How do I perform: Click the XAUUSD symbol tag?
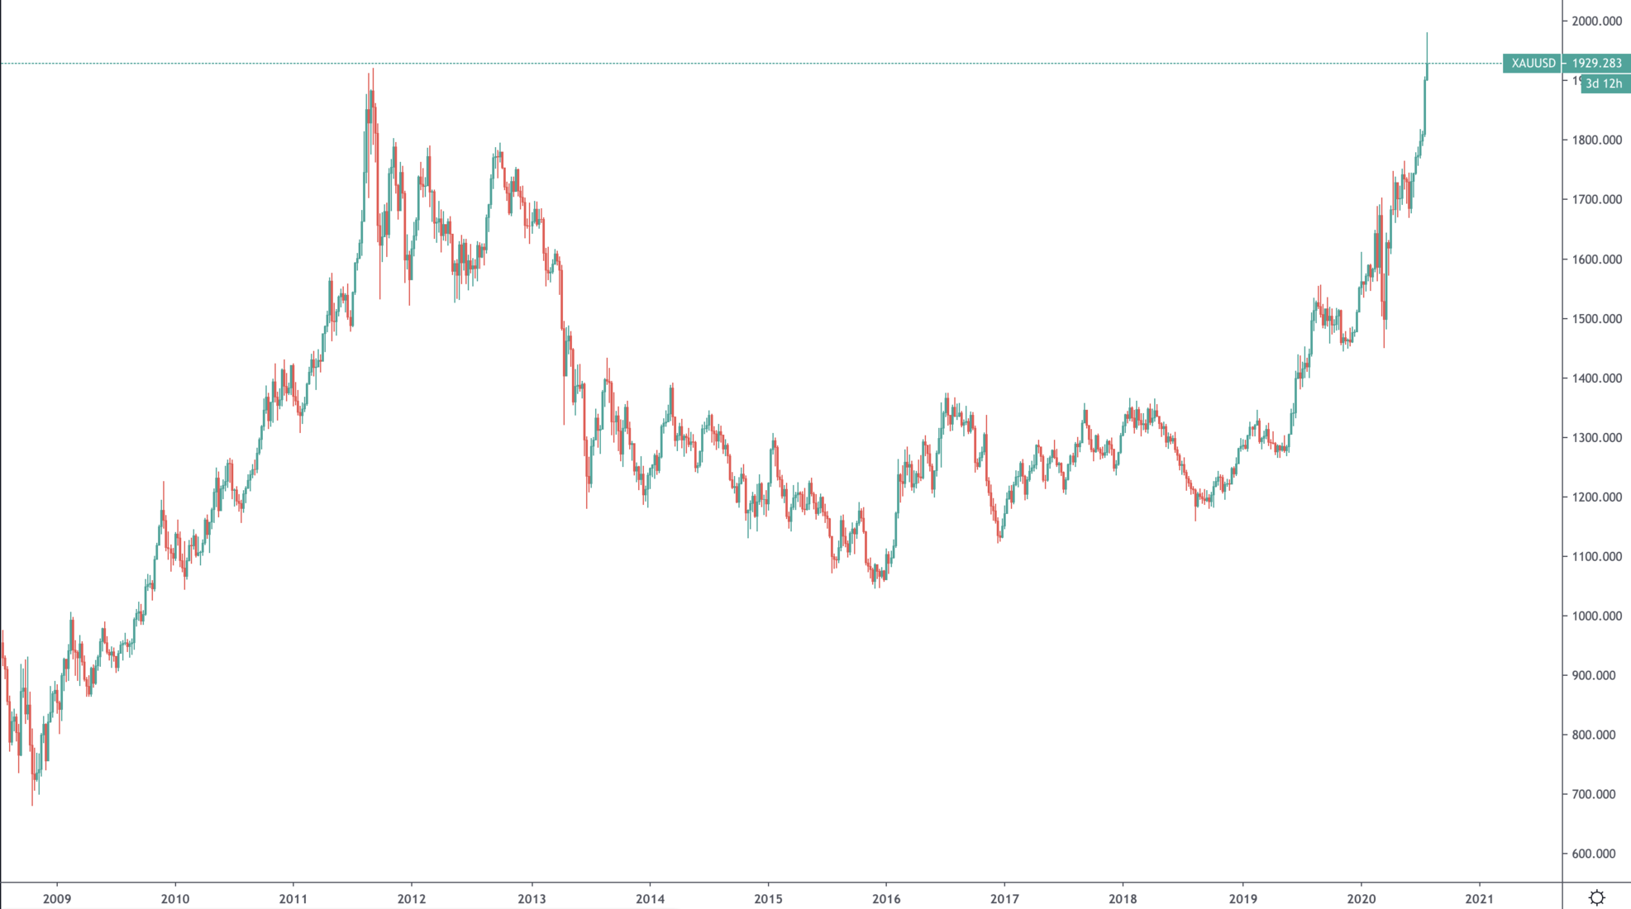pos(1533,63)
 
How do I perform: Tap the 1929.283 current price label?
pos(1596,63)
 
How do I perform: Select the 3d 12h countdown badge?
pos(1604,83)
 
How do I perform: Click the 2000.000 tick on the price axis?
pos(1596,21)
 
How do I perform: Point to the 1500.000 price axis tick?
pos(1596,319)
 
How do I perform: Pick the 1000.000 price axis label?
pos(1596,616)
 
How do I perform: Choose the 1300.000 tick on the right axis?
pos(1596,438)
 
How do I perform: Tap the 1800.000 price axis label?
pos(1596,140)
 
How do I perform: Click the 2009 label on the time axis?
pos(57,898)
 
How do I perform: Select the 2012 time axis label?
pos(412,898)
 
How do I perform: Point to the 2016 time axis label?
pos(886,898)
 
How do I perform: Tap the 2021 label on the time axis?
pos(1479,898)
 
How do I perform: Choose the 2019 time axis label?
pos(1242,898)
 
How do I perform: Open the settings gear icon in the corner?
pos(1596,897)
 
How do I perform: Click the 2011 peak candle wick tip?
pos(373,69)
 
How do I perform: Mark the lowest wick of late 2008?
pos(32,805)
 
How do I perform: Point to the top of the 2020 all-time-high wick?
pos(1427,33)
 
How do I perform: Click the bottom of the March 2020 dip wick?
pos(1384,347)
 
